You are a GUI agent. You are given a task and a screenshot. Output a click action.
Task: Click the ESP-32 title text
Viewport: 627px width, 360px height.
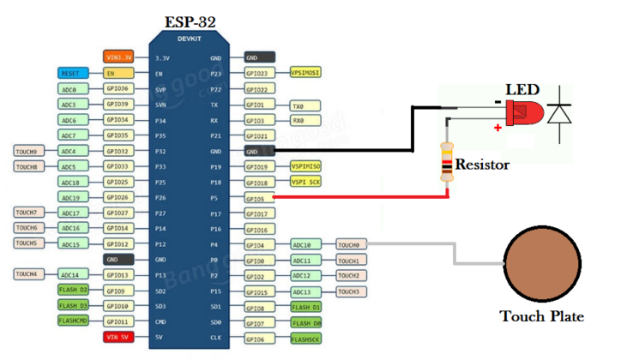[x=190, y=21]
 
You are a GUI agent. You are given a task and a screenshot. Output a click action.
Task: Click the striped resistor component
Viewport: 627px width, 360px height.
[x=446, y=161]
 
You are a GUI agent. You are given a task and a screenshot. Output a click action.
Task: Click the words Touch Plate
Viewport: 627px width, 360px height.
[x=541, y=316]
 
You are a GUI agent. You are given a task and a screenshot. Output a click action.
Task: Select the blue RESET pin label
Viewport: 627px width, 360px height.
[x=73, y=74]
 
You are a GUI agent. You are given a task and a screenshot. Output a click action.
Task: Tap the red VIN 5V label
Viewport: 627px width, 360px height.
[x=118, y=337]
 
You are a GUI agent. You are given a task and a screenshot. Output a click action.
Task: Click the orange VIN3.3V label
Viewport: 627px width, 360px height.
[x=118, y=57]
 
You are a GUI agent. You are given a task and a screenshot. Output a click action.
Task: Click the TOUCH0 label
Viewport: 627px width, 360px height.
[x=350, y=245]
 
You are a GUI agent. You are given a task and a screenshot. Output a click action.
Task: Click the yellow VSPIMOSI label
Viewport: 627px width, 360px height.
[x=305, y=74]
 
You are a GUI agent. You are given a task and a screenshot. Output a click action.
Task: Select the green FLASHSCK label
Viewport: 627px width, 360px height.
[x=305, y=339]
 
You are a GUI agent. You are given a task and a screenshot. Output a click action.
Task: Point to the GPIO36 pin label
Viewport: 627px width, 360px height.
[x=118, y=89]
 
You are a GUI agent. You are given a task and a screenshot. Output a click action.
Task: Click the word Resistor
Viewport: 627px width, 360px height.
[x=482, y=164]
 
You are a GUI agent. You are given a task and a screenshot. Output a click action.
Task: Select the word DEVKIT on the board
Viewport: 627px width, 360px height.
[x=190, y=39]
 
